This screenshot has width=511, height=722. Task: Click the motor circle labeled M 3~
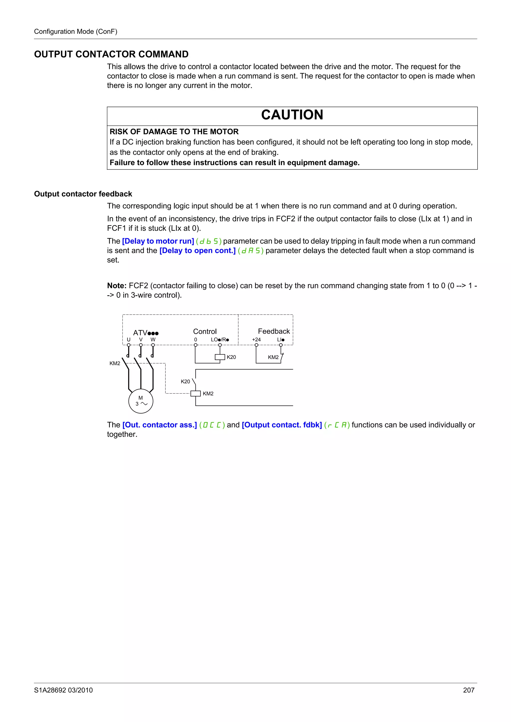(141, 401)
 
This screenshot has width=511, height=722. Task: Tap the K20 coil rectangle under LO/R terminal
(220, 357)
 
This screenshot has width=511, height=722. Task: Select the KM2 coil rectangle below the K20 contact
(196, 393)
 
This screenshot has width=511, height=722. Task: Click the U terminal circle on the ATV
(128, 345)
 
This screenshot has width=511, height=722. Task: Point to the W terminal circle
(153, 345)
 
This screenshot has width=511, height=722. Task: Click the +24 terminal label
(256, 340)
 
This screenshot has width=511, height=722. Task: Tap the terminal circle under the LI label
(281, 345)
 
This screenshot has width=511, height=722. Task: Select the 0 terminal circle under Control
(196, 345)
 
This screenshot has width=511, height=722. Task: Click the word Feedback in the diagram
(274, 331)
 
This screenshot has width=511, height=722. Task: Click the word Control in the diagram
(205, 331)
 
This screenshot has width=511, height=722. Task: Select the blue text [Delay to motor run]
(158, 241)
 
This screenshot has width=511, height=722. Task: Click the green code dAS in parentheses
(251, 251)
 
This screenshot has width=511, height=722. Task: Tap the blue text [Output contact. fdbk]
(282, 425)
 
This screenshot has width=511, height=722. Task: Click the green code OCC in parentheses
(212, 425)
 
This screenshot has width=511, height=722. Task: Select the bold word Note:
(117, 286)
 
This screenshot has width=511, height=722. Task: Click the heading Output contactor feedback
(83, 194)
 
